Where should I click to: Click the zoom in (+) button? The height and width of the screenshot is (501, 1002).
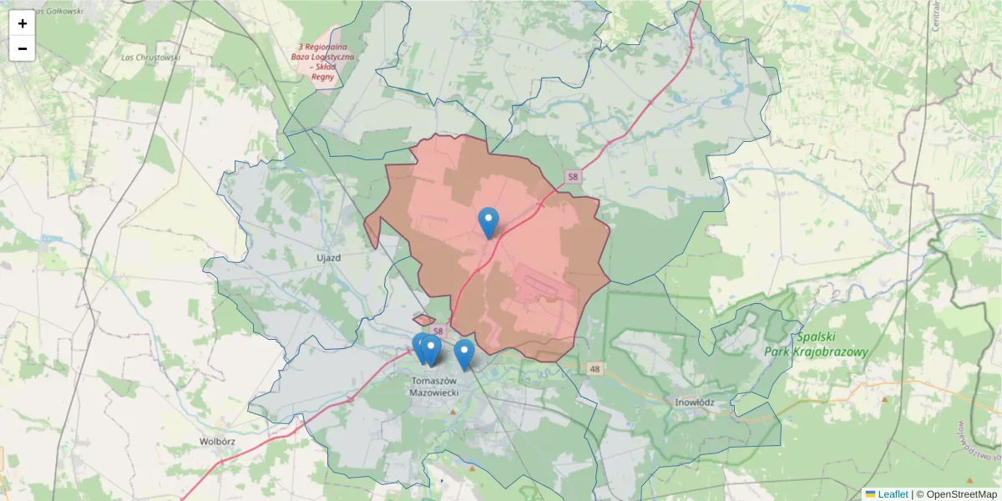coord(22,23)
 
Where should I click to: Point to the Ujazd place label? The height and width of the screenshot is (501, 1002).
coord(329,258)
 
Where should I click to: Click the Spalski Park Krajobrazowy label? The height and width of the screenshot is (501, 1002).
coord(817,345)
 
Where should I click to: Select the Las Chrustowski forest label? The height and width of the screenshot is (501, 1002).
coord(151,58)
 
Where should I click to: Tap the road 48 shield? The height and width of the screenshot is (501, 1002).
coord(595,368)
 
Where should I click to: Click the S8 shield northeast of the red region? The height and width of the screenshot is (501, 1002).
coord(571,177)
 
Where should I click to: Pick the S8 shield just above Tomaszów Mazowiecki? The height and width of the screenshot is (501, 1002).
coord(438,332)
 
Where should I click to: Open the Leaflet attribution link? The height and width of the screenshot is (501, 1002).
coord(893,494)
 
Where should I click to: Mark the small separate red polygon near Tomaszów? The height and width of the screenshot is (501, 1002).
coord(423,320)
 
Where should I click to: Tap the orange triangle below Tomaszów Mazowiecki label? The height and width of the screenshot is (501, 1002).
coord(453,412)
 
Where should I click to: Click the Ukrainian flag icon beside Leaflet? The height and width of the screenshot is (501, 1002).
coord(870,494)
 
